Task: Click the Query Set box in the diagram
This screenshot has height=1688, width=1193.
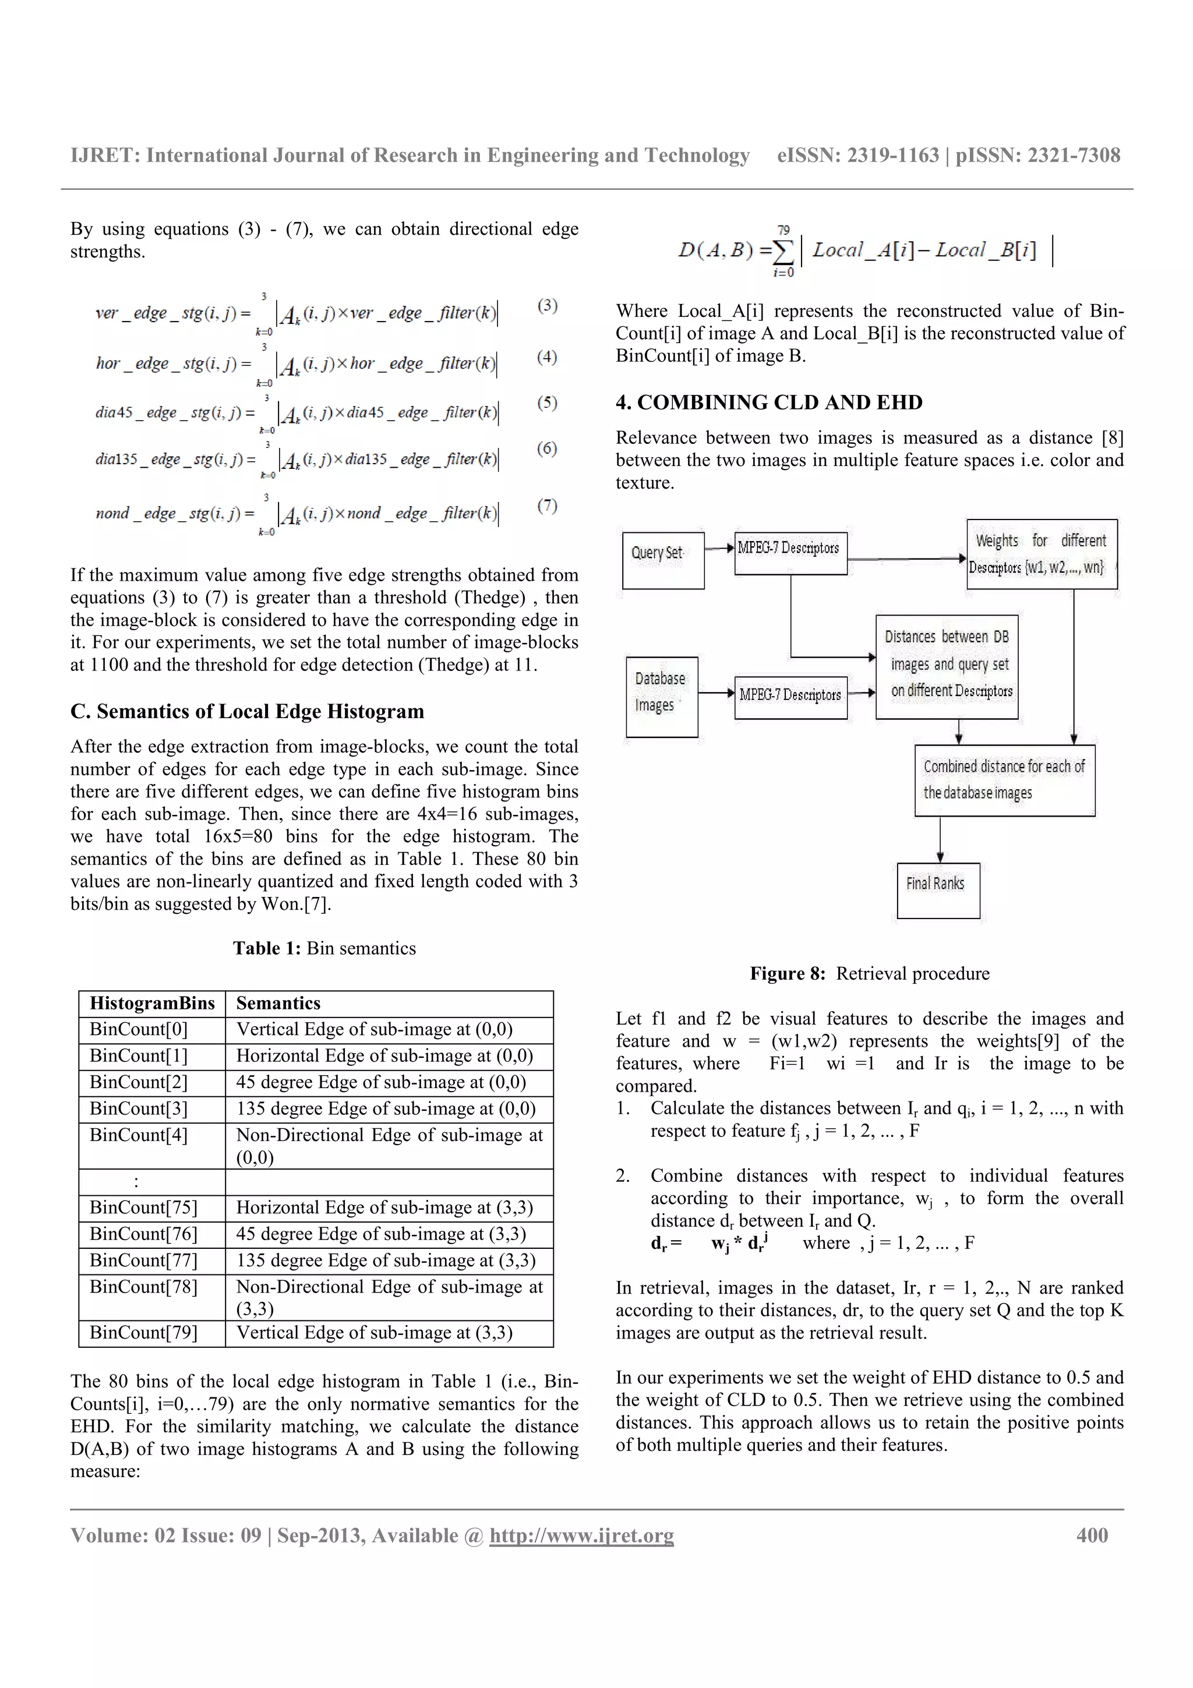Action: tap(662, 560)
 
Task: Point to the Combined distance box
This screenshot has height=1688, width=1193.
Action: tap(1004, 780)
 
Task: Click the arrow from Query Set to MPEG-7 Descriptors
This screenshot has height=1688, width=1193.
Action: tap(719, 548)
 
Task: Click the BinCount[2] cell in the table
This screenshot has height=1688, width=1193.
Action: tap(139, 1082)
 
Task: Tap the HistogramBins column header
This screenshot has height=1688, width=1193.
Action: tap(152, 1004)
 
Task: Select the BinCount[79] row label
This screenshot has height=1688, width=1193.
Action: tap(143, 1333)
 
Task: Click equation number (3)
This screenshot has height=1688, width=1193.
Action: tap(547, 305)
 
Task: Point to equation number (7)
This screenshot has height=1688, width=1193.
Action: tap(547, 506)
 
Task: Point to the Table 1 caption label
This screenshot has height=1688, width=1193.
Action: tap(267, 948)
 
